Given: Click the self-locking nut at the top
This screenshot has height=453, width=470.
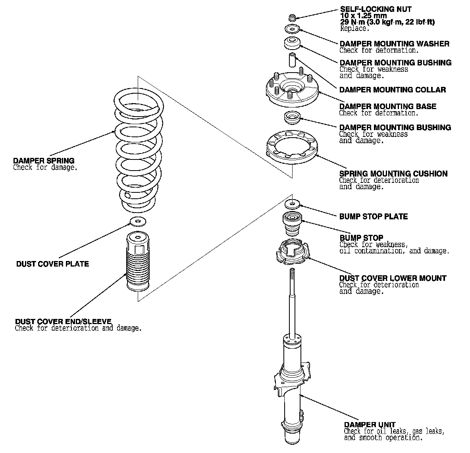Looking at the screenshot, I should pos(292,17).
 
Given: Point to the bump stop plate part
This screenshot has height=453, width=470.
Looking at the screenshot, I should pos(292,204).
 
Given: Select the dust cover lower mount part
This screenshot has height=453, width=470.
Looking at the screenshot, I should pos(292,252).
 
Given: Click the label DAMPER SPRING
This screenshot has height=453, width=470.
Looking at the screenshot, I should pos(44,161).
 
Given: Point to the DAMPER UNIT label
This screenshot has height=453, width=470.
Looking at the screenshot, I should pos(370,425).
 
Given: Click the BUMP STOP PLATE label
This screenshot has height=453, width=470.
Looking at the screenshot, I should pos(373,217).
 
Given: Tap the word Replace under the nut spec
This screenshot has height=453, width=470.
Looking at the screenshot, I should pos(354,29).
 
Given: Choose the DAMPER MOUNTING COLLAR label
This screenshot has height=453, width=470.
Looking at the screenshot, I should pos(393,90).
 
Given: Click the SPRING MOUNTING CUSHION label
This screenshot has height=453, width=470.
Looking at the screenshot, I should pos(393,174).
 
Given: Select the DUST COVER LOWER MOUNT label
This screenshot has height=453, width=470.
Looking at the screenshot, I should pos(393,278).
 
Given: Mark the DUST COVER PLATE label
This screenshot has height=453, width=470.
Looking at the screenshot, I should pos(52,264).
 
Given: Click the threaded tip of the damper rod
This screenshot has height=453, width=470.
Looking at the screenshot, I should pos(292,274).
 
